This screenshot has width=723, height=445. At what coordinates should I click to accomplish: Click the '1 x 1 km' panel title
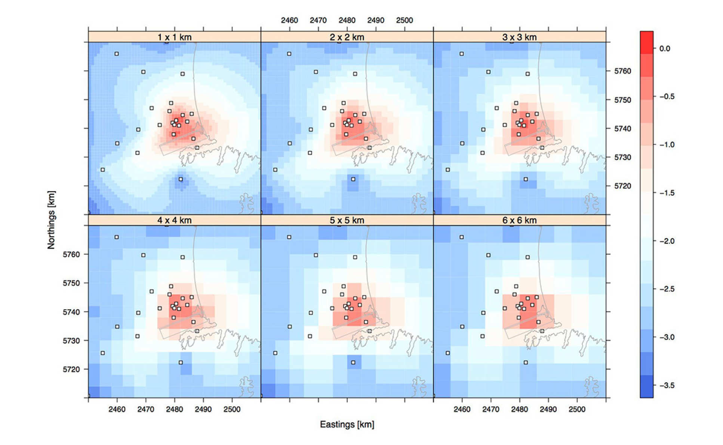(x=174, y=37)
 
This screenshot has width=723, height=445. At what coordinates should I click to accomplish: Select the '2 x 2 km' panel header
(x=347, y=37)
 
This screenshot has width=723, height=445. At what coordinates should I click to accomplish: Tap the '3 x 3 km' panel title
(x=519, y=37)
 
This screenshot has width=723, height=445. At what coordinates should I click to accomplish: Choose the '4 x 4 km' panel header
(x=174, y=220)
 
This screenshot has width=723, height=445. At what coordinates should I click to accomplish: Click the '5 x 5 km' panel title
(x=347, y=220)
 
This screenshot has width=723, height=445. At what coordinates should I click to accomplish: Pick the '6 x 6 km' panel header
(x=519, y=220)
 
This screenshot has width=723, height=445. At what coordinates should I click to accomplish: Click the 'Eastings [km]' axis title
(x=347, y=424)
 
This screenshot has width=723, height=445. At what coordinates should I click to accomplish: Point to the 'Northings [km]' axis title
(x=51, y=220)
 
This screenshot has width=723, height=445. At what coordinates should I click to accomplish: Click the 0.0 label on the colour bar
(x=665, y=49)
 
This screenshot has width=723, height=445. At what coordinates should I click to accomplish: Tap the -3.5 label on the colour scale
(x=667, y=386)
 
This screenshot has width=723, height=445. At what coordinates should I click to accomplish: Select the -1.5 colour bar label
(x=667, y=193)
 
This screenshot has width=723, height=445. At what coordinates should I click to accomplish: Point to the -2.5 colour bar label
(x=667, y=289)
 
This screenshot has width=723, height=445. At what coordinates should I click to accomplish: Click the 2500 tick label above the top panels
(x=404, y=20)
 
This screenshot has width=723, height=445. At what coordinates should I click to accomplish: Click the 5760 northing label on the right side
(x=622, y=71)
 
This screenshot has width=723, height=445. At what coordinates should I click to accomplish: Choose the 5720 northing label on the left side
(x=71, y=369)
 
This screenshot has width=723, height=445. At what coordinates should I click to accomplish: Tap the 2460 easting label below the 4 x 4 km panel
(x=117, y=409)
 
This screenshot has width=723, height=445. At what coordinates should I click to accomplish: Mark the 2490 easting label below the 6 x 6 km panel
(x=548, y=409)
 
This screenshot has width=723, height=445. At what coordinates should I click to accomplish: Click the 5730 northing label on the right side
(x=622, y=157)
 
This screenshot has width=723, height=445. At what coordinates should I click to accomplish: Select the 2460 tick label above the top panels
(x=289, y=20)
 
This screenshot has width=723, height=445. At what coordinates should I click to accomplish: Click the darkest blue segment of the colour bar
(x=646, y=386)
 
